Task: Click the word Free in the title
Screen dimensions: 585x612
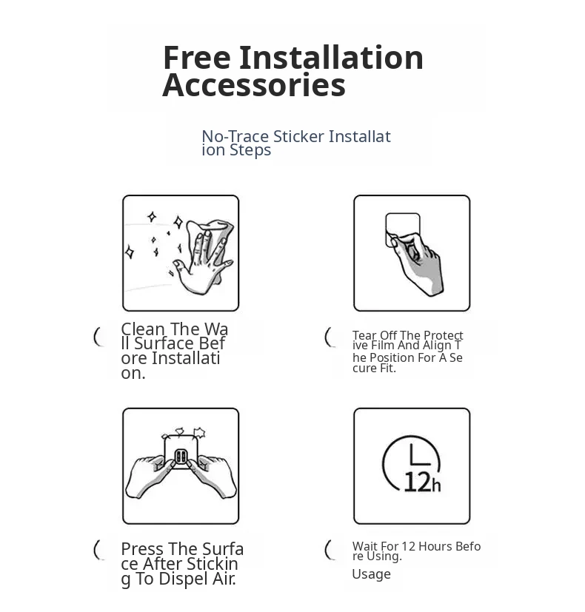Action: (x=196, y=58)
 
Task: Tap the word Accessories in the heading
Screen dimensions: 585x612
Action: (x=254, y=85)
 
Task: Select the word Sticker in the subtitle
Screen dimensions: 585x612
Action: (x=298, y=137)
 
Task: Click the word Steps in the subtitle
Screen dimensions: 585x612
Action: (x=250, y=151)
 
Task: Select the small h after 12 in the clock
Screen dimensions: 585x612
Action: (x=436, y=485)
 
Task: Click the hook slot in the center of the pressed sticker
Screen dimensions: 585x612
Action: (x=181, y=456)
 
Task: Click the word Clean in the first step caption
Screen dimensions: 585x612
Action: (x=143, y=329)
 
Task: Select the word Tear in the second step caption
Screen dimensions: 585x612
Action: (x=364, y=335)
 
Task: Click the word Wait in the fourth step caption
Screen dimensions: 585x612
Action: (x=363, y=546)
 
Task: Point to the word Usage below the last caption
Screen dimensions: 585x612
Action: (x=372, y=574)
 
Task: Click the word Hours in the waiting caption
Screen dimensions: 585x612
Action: (x=432, y=546)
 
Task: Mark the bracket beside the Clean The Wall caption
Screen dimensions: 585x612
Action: (x=98, y=337)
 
